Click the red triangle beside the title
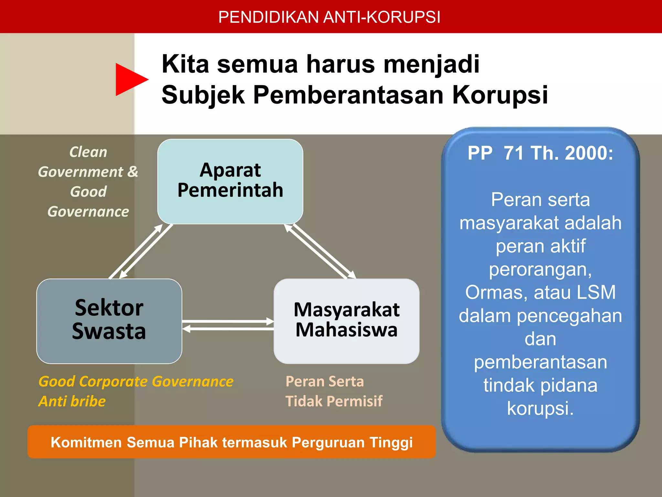129,80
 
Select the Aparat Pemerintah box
230,181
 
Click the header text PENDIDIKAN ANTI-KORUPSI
329,17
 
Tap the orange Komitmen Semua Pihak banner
231,442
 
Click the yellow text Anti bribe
72,401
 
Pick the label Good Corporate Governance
136,381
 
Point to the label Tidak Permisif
334,401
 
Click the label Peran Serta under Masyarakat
325,381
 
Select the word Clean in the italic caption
88,152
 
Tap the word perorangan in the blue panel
540,269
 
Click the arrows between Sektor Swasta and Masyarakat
228,325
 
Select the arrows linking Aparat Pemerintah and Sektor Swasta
141,251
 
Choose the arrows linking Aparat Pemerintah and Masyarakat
320,251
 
